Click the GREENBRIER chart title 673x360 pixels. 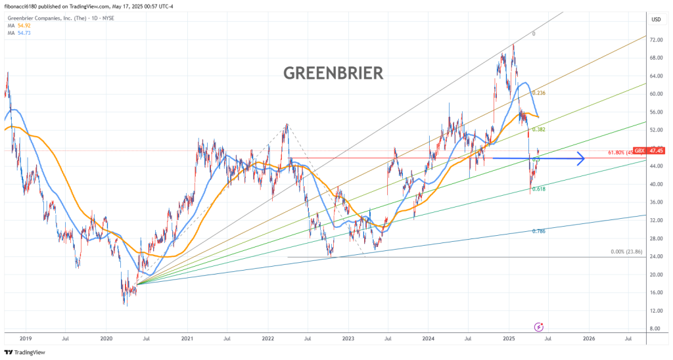point(333,73)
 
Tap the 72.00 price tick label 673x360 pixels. point(655,40)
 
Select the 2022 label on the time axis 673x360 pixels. point(267,339)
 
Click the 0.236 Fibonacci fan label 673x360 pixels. point(539,93)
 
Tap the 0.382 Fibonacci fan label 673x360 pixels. point(539,130)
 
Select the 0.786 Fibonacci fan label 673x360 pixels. point(539,231)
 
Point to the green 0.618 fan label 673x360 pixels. point(539,189)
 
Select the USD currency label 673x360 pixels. point(655,19)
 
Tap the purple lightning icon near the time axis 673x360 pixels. point(539,326)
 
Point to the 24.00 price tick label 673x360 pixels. point(655,256)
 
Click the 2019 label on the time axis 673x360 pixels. point(26,339)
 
